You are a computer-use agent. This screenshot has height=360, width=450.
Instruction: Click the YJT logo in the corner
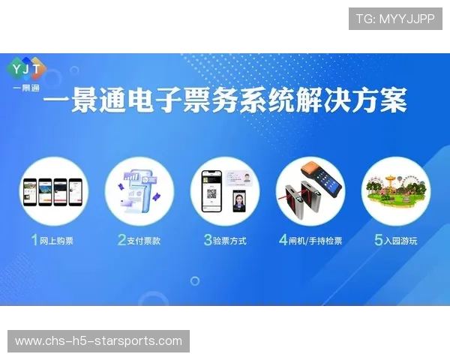(26, 70)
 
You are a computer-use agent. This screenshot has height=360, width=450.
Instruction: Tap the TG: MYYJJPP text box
(395, 18)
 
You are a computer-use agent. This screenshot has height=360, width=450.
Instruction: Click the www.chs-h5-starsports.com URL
(99, 341)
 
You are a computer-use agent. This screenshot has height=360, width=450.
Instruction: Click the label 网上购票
(57, 241)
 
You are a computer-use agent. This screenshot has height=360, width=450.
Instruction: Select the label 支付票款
(144, 241)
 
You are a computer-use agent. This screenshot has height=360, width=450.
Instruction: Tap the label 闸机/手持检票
(316, 241)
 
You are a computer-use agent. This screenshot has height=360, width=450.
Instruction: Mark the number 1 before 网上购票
(34, 241)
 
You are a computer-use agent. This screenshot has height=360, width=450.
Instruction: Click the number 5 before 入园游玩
(379, 241)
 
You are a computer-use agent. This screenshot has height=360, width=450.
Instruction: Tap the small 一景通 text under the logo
(26, 88)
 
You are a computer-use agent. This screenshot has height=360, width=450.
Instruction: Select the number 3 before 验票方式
(208, 241)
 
